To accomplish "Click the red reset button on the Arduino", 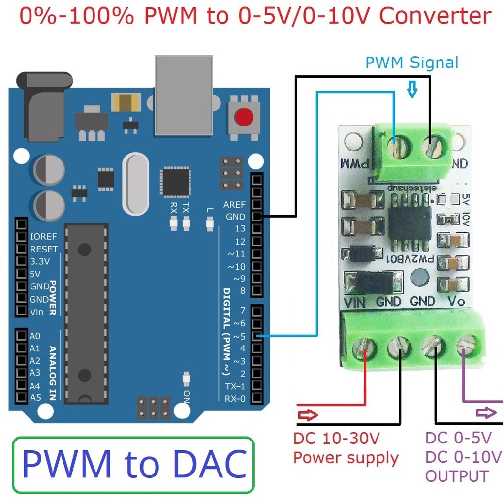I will coord(244,117).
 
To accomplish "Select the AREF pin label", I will coord(234,205).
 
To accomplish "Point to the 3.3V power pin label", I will coord(40,261).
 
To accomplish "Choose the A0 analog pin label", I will coord(35,336).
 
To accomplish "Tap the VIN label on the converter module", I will coord(354,302).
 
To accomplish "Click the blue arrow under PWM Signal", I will coord(412,90).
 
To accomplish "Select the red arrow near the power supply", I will coord(309,415).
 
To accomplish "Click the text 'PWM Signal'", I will coord(411,63).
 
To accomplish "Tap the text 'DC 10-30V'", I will coord(337,438).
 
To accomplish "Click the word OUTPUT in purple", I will coord(457,476).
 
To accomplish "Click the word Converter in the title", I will coord(435,16).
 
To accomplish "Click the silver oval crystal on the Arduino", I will coord(135,184).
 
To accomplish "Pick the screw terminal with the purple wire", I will coord(465,347).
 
